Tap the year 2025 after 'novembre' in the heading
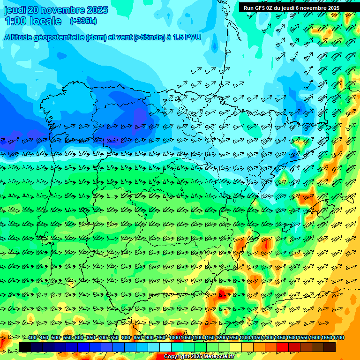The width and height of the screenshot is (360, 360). [96, 10]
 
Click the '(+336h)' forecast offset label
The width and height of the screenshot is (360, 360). [83, 21]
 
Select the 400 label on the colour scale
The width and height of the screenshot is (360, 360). [32, 337]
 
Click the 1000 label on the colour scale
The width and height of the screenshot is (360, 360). [174, 337]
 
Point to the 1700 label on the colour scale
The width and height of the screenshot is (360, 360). [338, 337]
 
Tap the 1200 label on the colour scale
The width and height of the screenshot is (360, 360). [221, 337]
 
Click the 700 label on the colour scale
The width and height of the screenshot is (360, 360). [103, 337]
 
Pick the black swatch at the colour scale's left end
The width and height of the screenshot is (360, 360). [24, 347]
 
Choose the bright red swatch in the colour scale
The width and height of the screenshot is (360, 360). [282, 347]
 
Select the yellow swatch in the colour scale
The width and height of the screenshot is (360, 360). [235, 347]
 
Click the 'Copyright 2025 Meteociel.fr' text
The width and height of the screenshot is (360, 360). [198, 356]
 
